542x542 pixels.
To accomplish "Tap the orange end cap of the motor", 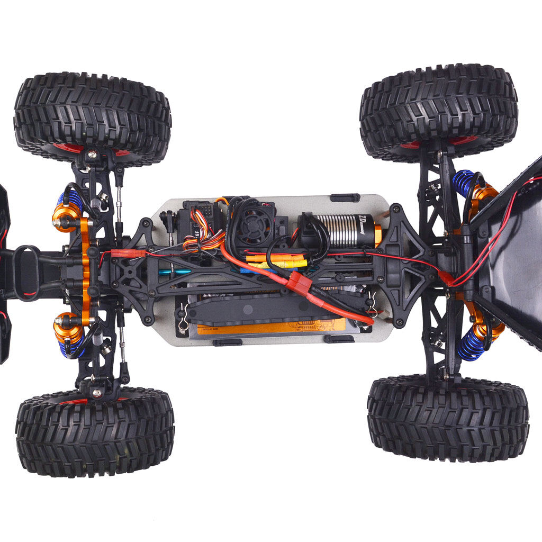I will [x=377, y=234].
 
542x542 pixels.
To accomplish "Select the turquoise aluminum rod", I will [x=175, y=272].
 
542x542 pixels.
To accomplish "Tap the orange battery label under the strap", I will [x=270, y=326].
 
